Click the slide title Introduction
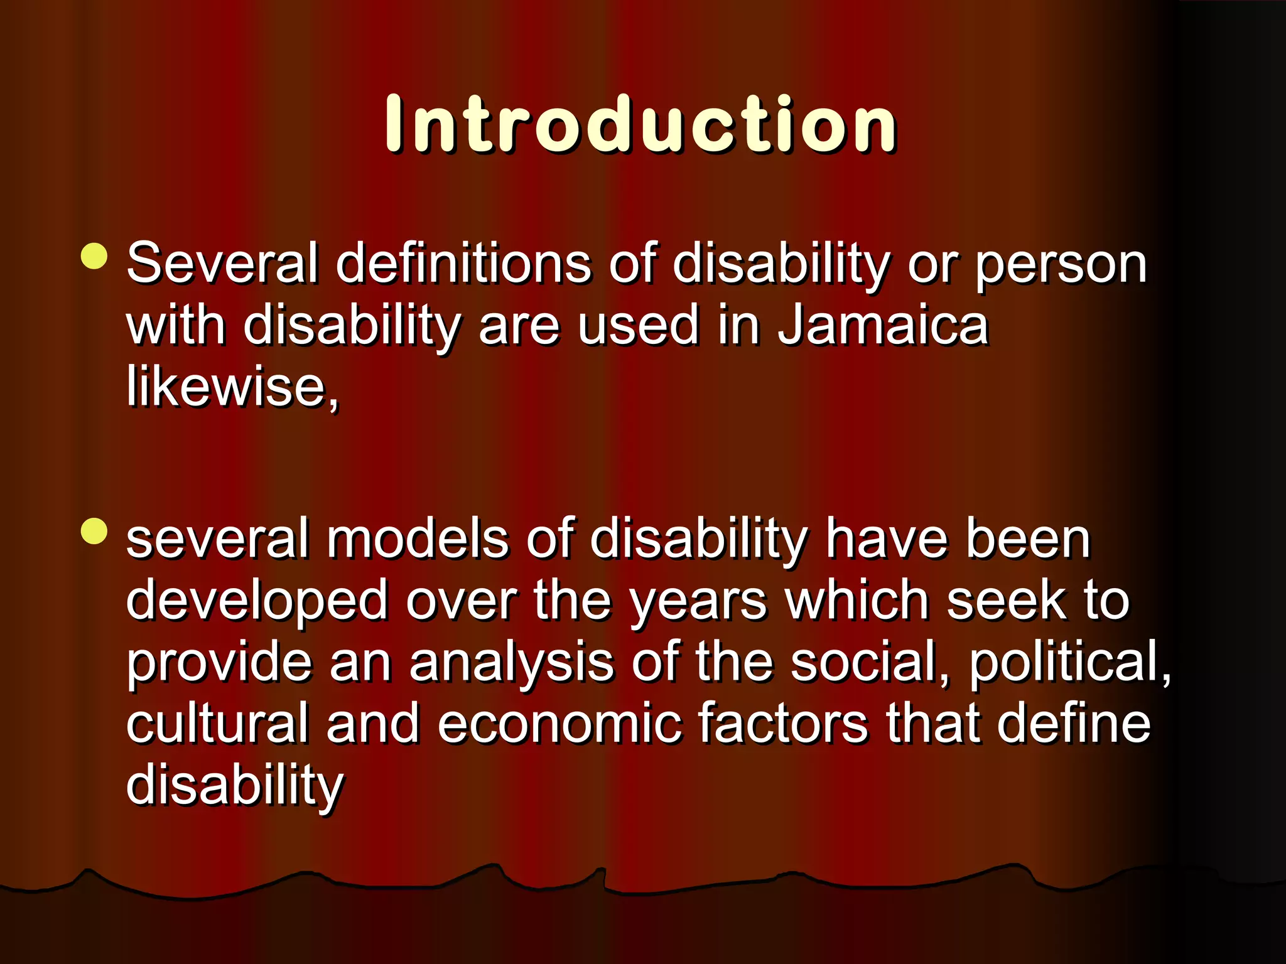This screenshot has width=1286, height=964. point(641,124)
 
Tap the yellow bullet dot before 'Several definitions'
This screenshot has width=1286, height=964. point(94,256)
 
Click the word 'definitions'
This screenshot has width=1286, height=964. point(463,264)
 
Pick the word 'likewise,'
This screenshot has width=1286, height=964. point(232,387)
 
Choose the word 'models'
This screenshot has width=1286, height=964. point(417,538)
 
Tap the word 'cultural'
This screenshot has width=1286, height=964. point(217,723)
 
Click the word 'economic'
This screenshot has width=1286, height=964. point(559,723)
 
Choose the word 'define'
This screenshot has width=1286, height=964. point(1073,723)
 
